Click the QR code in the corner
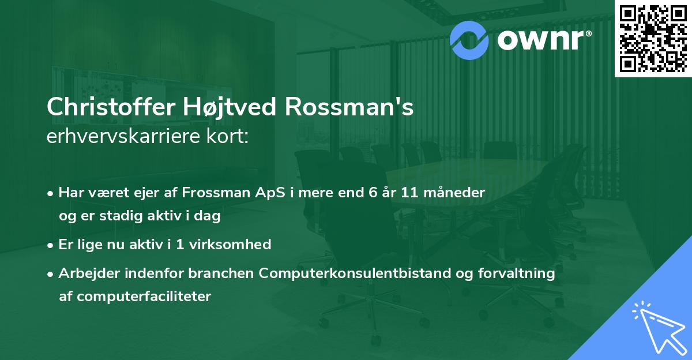[653, 38]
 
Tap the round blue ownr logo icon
[470, 40]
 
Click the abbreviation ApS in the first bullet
[265, 192]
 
